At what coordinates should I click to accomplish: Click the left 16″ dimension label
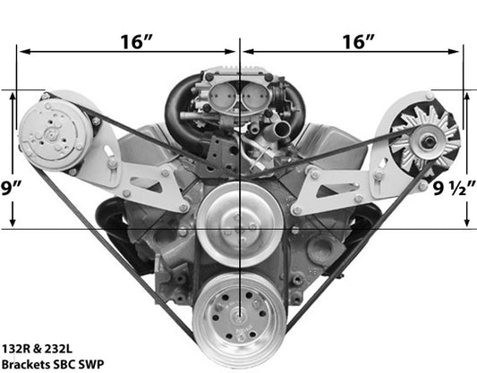click(136, 42)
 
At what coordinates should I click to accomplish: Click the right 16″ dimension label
click(358, 42)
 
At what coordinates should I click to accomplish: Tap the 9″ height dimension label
click(11, 188)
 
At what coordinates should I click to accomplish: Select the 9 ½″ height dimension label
click(454, 189)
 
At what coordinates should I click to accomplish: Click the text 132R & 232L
click(37, 349)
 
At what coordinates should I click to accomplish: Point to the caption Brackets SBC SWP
click(53, 364)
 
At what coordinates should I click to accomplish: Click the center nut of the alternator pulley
click(429, 141)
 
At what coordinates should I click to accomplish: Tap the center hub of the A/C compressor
click(51, 134)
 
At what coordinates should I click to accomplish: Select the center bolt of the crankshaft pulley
click(239, 319)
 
